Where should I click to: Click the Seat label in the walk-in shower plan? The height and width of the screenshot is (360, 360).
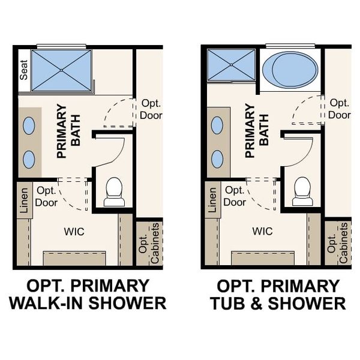[x=25, y=71]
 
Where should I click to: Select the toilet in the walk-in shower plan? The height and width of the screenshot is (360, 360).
[x=114, y=191]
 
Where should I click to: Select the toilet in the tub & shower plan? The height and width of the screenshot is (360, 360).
[x=302, y=191]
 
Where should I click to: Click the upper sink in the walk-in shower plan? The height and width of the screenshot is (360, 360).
[x=29, y=125]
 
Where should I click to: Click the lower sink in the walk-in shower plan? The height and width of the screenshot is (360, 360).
[x=29, y=158]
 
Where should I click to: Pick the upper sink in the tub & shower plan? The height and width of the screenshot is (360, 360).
[x=217, y=125]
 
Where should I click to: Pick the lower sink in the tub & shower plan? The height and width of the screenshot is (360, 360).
[x=217, y=159]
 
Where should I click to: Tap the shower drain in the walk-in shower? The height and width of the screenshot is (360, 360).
[x=61, y=70]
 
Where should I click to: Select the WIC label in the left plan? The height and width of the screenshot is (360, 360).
[x=74, y=231]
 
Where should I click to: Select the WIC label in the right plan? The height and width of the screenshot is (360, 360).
[x=263, y=231]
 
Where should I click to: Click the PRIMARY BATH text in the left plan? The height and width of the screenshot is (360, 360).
[x=68, y=133]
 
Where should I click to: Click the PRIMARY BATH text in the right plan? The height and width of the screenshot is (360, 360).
[x=257, y=133]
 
